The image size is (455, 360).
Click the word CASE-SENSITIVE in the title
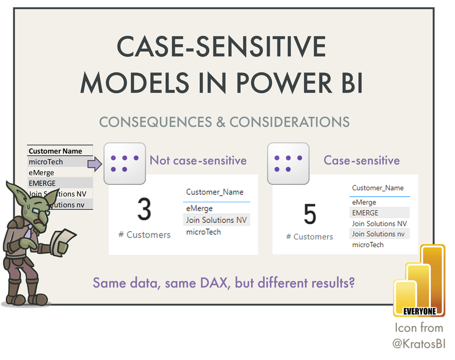[x=222, y=47]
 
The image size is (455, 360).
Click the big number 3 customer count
[x=144, y=210]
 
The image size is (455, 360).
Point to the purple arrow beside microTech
[x=95, y=162]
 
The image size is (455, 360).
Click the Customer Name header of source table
[x=55, y=151]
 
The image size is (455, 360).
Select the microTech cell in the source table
[x=46, y=162]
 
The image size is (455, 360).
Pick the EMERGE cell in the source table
[x=42, y=183]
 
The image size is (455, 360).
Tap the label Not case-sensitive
[x=198, y=160]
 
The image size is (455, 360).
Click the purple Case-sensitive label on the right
[x=361, y=160]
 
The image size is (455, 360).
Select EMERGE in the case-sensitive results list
[x=365, y=213]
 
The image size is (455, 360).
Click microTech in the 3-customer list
[x=203, y=232]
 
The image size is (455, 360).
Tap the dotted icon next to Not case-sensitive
[x=124, y=164]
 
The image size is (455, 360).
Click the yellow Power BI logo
[x=420, y=277]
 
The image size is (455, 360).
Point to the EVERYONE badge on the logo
[x=420, y=312]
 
